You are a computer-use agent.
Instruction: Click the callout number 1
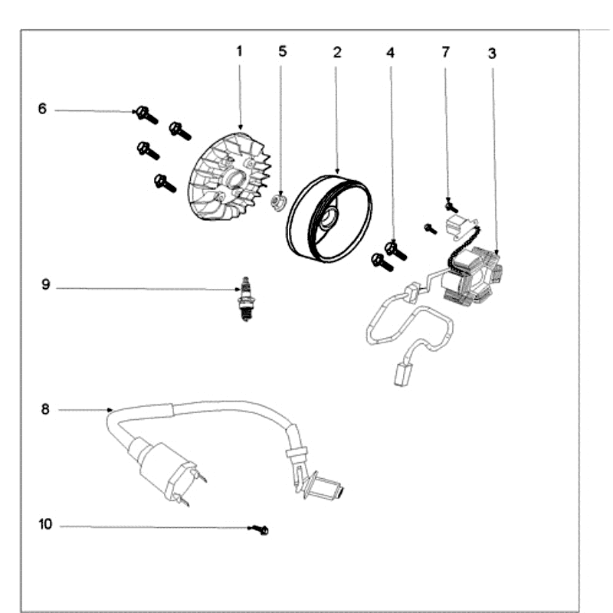coord(239,51)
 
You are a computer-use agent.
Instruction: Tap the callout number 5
coord(283,51)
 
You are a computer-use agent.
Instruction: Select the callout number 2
coord(336,51)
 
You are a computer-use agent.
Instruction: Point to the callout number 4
coord(391,53)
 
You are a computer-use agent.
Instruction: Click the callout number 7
coord(446,51)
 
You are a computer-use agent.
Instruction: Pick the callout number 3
coord(492,53)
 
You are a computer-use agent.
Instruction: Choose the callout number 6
coord(43,110)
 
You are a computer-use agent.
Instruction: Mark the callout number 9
coord(45,286)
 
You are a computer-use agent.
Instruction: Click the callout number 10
coord(45,525)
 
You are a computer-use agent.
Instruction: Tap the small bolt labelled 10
coord(262,529)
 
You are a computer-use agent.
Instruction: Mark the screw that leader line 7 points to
coord(451,205)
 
